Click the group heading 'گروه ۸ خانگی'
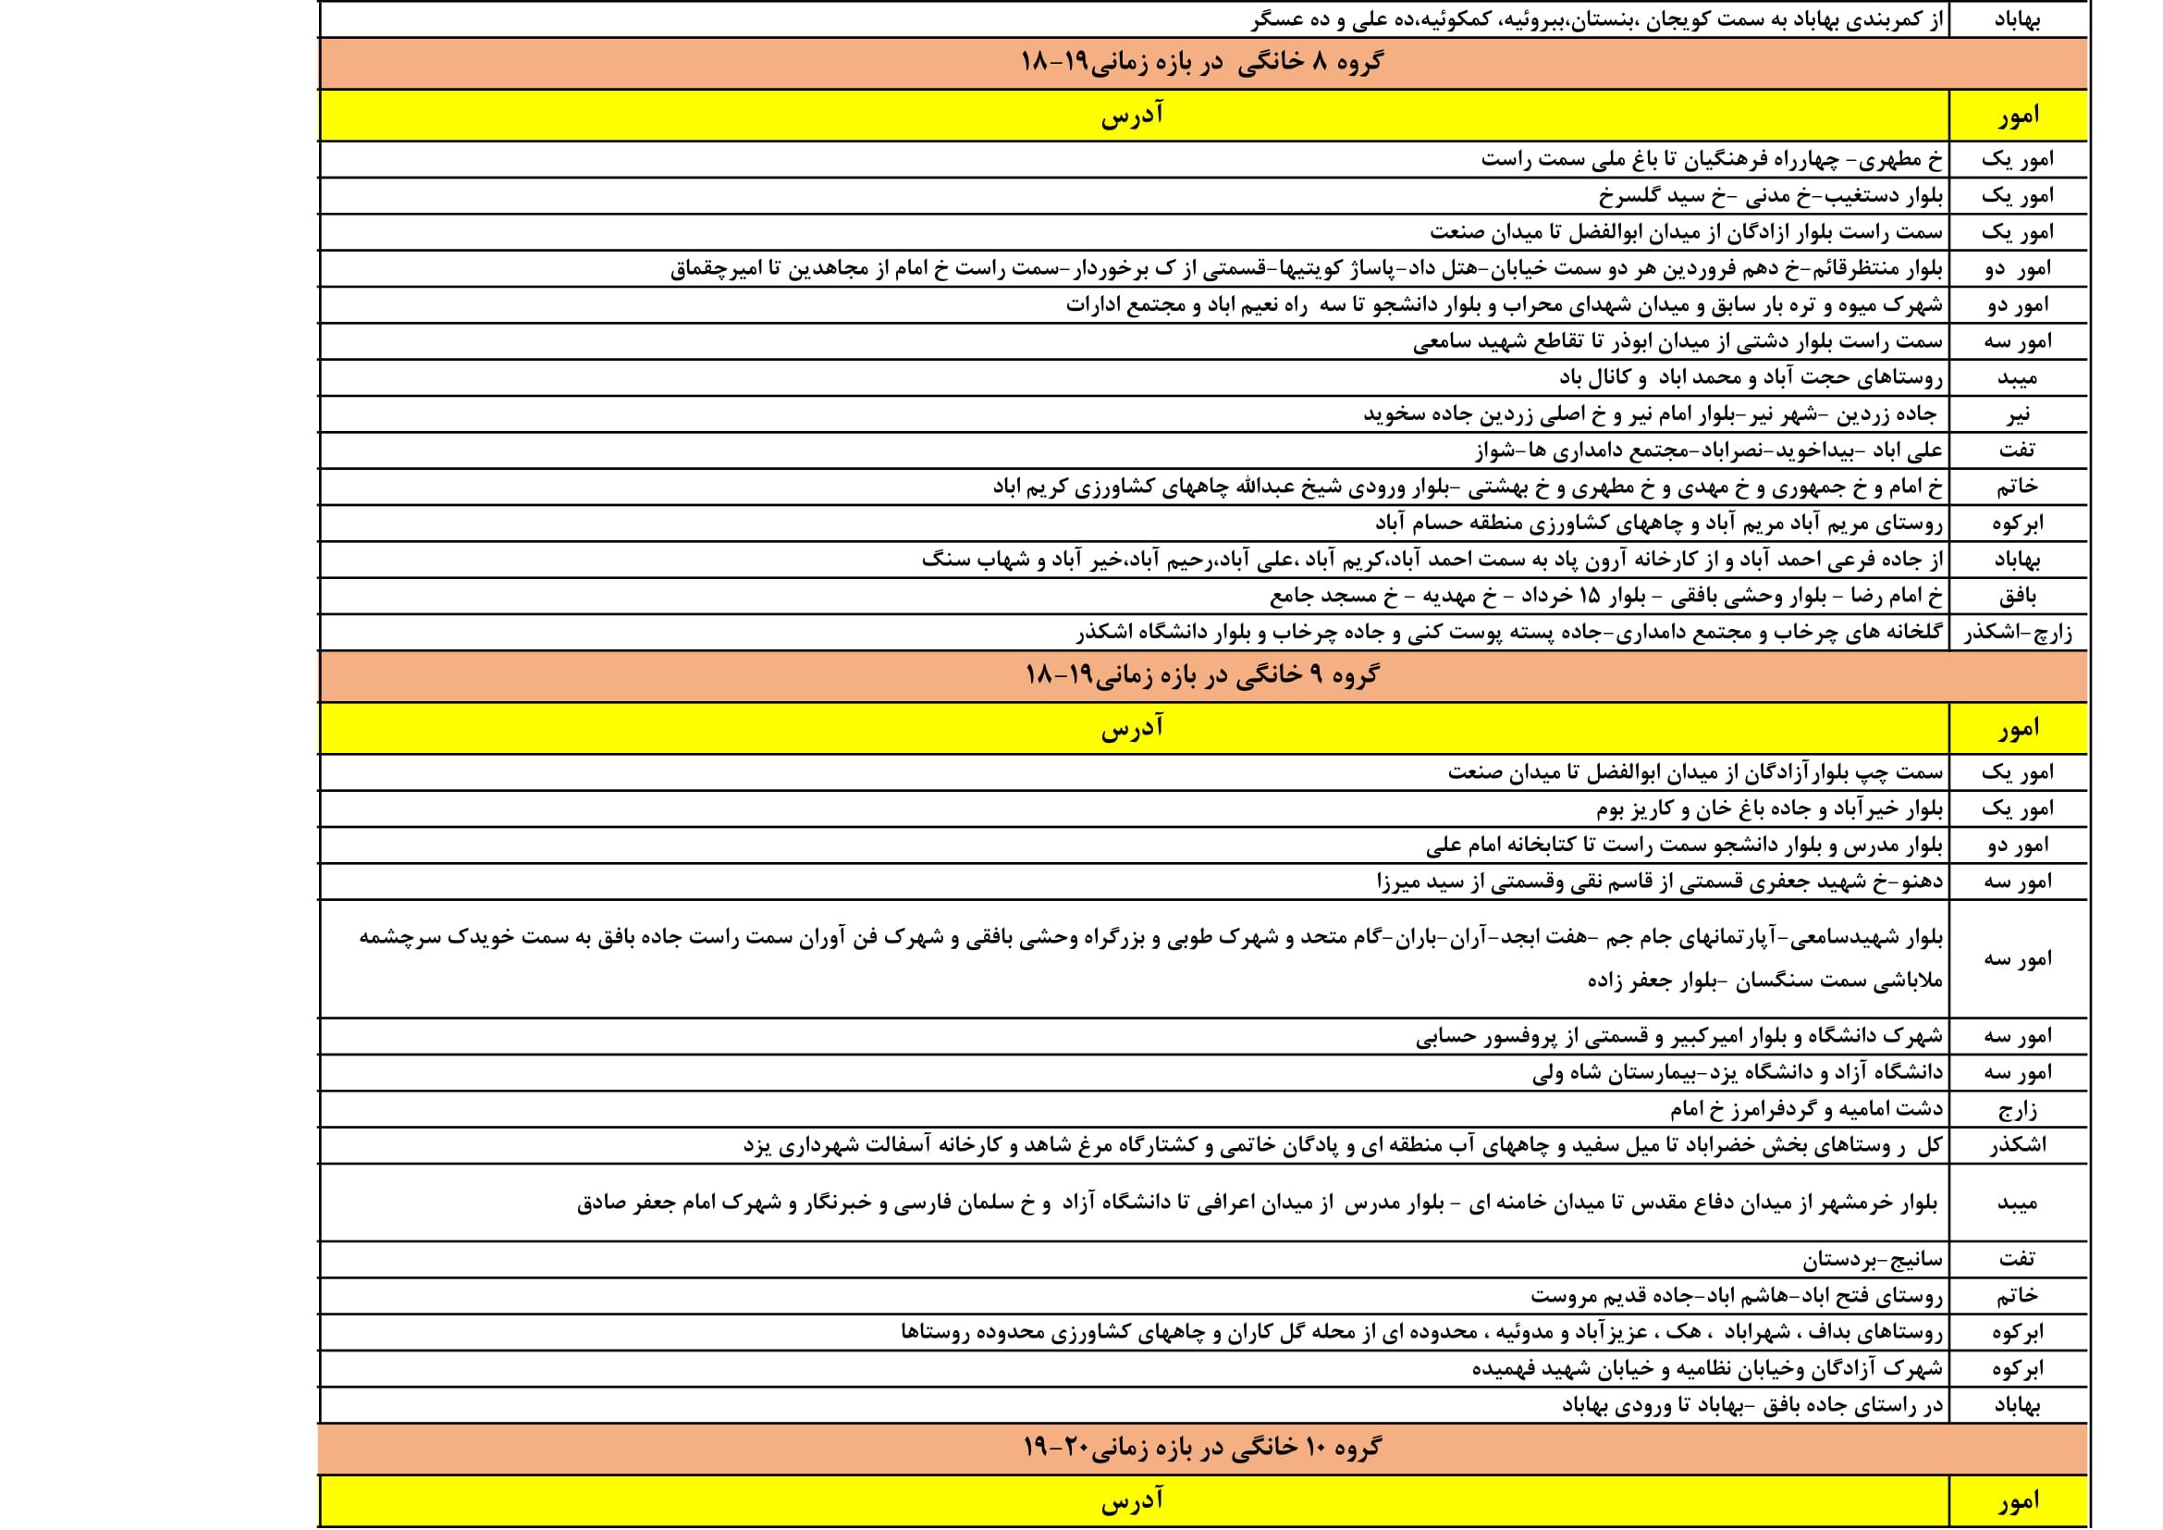tap(1202, 63)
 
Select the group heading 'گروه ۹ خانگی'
tap(1202, 675)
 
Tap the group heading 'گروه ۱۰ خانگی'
tap(1202, 1448)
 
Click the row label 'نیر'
tap(2018, 414)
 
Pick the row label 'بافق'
tap(2018, 597)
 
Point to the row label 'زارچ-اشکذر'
tap(2018, 633)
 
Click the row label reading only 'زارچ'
tap(2018, 1110)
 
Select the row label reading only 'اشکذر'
tap(2018, 1145)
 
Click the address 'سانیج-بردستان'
tap(1872, 1260)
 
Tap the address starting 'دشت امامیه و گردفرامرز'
tap(1806, 1110)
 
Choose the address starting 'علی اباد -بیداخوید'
tap(1708, 451)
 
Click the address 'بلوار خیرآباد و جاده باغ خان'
tap(1768, 809)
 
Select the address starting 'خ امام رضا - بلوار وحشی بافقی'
tap(1605, 597)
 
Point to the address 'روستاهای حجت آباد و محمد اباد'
tap(1750, 377)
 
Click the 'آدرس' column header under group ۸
tap(1133, 116)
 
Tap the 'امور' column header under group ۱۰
tap(2018, 1500)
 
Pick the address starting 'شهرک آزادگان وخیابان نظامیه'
tap(1707, 1369)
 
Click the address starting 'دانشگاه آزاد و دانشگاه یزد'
tap(1737, 1073)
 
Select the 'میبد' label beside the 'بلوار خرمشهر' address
tap(2018, 1204)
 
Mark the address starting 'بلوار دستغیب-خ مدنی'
tap(1770, 196)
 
